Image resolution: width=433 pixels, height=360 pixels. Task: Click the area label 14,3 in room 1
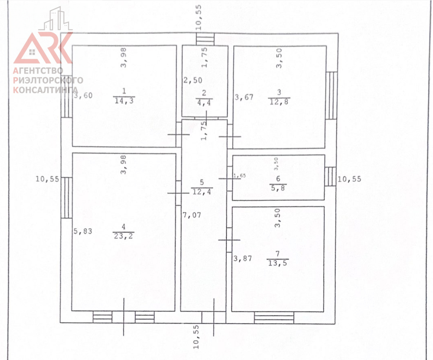click(124, 101)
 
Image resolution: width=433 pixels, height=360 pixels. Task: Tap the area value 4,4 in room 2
click(204, 103)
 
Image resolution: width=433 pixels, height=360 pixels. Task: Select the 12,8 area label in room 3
click(279, 102)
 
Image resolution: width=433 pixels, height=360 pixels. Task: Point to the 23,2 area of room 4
click(123, 236)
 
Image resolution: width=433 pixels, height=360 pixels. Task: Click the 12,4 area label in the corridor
click(202, 191)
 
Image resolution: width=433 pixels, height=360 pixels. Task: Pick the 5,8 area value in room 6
click(278, 188)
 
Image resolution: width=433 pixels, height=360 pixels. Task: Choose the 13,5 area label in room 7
click(278, 263)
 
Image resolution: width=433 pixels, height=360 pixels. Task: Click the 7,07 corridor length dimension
click(192, 215)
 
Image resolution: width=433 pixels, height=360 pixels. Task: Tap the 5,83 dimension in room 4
click(83, 231)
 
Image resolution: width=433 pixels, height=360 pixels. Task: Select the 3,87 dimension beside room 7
click(243, 258)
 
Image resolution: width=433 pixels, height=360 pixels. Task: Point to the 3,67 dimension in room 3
click(244, 97)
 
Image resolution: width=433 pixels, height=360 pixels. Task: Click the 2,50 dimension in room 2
click(193, 81)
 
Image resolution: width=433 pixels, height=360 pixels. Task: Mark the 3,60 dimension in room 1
click(83, 96)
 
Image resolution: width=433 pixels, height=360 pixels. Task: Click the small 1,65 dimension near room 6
click(239, 175)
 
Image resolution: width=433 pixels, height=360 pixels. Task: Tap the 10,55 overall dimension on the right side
click(349, 179)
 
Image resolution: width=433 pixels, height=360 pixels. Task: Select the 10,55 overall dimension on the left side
click(47, 179)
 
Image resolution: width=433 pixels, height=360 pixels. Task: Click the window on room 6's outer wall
click(330, 177)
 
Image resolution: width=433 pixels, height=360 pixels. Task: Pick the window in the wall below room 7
click(274, 317)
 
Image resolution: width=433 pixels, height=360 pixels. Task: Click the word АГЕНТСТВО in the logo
click(38, 71)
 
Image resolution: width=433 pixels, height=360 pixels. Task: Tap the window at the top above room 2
click(205, 39)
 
